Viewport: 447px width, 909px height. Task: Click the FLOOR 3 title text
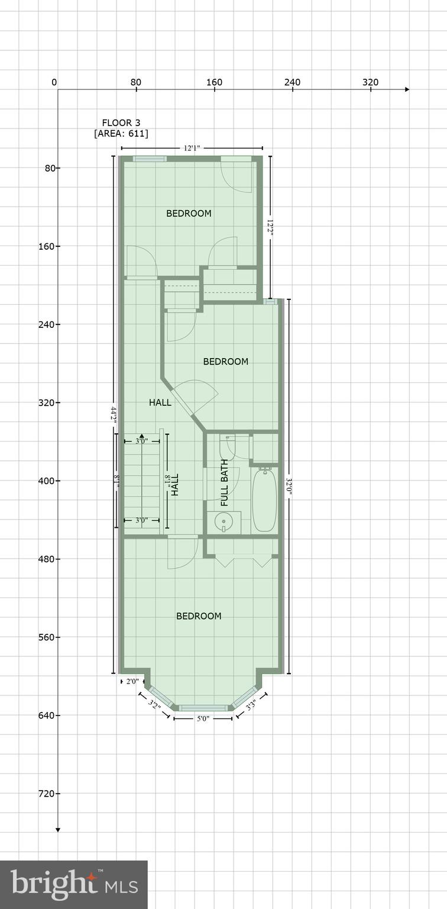click(121, 123)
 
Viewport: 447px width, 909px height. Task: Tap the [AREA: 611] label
click(121, 134)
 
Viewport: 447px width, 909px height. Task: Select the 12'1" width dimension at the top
click(191, 148)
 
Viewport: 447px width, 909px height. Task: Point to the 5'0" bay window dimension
click(203, 718)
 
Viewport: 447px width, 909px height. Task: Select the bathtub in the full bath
click(264, 500)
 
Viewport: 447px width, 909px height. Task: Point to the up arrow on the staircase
click(141, 437)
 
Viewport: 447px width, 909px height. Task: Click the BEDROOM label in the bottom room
click(199, 616)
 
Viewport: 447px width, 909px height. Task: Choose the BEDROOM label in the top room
click(189, 214)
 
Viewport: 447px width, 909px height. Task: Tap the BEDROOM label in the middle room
click(225, 362)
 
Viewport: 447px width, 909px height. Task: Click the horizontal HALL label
click(160, 402)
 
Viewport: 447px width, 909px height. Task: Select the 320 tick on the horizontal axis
click(370, 82)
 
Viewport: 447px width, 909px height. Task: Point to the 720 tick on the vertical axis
click(46, 794)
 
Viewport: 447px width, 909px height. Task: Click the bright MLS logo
click(74, 884)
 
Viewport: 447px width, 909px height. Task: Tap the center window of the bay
click(203, 708)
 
